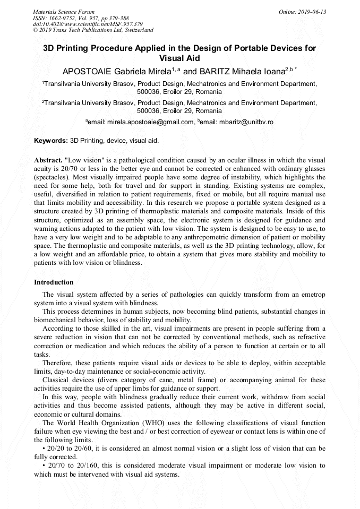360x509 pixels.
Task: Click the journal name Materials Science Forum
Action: pos(64,12)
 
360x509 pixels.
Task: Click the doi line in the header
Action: pos(88,24)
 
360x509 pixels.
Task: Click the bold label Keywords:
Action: pos(51,141)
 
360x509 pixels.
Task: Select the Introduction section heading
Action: pos(54,282)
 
